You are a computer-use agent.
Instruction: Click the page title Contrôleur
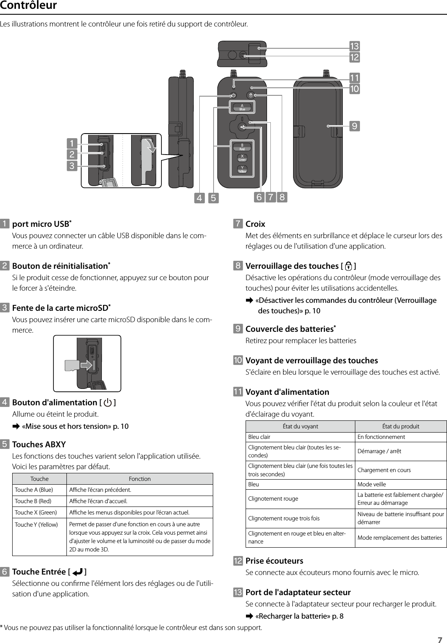point(29,6)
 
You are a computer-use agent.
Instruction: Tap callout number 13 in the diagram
point(354,46)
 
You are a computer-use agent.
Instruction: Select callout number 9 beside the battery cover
point(355,126)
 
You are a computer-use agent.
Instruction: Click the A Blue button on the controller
point(242,107)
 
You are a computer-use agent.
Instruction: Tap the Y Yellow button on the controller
point(242,169)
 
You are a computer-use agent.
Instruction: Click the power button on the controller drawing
point(234,95)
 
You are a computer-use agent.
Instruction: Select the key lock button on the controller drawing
point(251,95)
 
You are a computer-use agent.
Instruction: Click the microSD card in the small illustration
point(71,365)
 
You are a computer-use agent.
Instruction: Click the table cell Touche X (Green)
point(36,512)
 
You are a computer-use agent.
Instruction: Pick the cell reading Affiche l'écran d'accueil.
point(98,501)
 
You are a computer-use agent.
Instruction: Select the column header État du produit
point(400,426)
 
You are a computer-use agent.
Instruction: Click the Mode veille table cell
point(371,484)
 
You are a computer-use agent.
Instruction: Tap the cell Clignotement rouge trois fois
point(284,518)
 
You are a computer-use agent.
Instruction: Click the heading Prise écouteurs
point(274,561)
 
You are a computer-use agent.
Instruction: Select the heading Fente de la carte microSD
point(60,308)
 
